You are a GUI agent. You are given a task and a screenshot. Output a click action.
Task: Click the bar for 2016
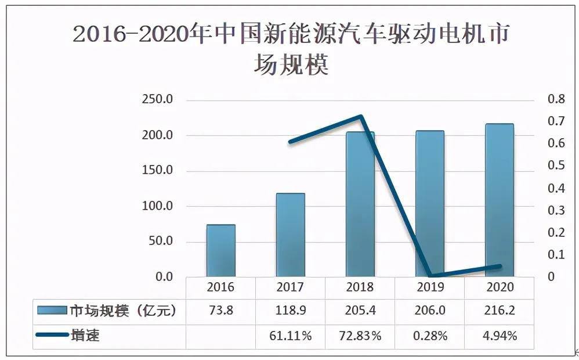point(220,250)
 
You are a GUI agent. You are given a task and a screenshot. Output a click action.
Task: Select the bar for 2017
point(290,235)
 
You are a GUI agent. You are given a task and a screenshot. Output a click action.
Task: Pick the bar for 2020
point(499,200)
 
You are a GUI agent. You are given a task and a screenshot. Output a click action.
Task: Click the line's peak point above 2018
point(361,117)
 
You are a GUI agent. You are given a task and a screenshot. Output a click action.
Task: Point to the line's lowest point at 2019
point(430,276)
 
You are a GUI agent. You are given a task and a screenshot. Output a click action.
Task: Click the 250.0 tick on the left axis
point(157,100)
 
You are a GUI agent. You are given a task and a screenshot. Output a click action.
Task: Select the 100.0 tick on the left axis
point(157,206)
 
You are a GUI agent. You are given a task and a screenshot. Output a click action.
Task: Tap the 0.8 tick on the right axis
point(556,100)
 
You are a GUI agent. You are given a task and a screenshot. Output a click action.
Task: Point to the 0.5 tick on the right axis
point(556,166)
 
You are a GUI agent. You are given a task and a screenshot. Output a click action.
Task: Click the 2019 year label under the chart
point(430,287)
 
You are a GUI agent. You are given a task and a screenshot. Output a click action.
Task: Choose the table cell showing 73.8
point(220,311)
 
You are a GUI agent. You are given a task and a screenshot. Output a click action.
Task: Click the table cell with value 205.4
point(360,311)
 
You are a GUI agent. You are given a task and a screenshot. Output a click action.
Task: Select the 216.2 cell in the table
point(500,311)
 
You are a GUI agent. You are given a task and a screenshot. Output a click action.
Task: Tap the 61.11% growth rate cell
point(290,336)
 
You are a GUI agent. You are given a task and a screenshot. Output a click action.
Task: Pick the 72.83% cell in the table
point(360,336)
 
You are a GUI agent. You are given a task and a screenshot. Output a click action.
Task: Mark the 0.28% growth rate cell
point(430,336)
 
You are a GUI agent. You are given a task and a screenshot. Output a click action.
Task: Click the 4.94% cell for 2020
point(500,336)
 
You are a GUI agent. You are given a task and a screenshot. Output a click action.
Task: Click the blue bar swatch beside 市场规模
point(52,311)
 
